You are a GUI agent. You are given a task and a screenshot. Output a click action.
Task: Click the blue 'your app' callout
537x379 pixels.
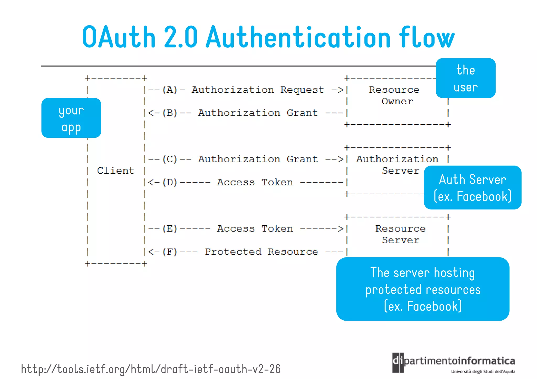point(71,118)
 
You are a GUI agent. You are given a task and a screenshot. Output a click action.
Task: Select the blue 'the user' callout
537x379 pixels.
point(466,78)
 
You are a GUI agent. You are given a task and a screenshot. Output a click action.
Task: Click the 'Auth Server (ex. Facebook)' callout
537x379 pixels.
point(472,188)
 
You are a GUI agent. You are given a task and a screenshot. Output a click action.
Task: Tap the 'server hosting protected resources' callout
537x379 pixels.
point(423,289)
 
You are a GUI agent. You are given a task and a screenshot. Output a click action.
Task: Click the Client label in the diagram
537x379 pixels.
point(116,171)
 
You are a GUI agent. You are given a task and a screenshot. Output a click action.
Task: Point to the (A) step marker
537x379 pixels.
point(170,90)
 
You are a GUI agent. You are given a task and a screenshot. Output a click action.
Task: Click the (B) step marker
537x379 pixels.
point(170,113)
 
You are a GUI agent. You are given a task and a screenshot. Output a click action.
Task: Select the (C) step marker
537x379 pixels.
point(170,159)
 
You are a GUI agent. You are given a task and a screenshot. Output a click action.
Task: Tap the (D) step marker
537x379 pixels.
point(170,182)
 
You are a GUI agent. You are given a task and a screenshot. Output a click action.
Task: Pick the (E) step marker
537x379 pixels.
point(170,229)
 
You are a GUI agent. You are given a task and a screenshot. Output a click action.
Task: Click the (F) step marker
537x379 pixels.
point(170,252)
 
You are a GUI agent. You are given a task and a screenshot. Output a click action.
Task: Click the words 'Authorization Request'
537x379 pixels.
point(258,90)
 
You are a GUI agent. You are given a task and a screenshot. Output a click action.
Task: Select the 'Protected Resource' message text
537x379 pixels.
point(261,252)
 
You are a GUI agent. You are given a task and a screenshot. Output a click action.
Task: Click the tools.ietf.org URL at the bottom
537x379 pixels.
point(151,369)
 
